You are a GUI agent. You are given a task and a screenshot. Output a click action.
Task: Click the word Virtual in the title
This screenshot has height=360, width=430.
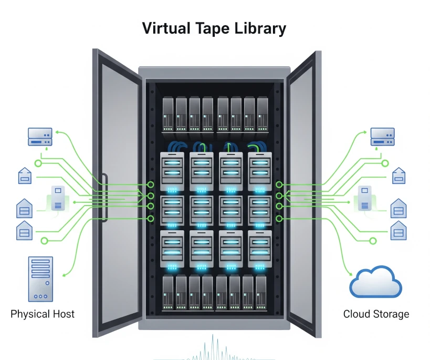[166, 28]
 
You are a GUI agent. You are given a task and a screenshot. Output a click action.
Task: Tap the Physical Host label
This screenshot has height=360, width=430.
[43, 314]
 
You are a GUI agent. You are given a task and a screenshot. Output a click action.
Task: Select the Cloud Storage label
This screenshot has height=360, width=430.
[376, 314]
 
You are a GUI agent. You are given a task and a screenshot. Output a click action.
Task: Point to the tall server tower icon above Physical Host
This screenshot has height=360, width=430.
[40, 279]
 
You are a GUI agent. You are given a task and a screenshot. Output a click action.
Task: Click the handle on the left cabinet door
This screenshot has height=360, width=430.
[104, 198]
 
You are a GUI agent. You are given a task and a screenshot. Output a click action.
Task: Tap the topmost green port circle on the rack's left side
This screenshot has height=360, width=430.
[151, 184]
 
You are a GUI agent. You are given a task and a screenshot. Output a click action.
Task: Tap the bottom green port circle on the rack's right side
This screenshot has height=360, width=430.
[279, 219]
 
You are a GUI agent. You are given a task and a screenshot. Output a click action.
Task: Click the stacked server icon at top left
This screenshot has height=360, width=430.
[40, 137]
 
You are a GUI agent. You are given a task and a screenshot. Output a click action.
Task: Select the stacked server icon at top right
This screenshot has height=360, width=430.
[383, 137]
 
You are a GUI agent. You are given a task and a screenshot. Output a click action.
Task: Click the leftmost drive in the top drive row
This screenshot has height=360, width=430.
[168, 114]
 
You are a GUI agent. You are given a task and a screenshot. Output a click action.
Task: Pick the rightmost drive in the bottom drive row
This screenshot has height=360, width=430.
[261, 292]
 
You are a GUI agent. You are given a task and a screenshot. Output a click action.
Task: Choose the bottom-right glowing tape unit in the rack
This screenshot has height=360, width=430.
[260, 249]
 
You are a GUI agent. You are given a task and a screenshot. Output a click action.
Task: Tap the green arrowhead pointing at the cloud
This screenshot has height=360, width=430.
[351, 273]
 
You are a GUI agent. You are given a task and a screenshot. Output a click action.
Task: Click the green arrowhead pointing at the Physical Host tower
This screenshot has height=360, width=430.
[64, 275]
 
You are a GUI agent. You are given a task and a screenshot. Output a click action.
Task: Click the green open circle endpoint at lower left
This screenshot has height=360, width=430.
[44, 241]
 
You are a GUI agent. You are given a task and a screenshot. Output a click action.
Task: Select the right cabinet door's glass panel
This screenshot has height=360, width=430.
[301, 193]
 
